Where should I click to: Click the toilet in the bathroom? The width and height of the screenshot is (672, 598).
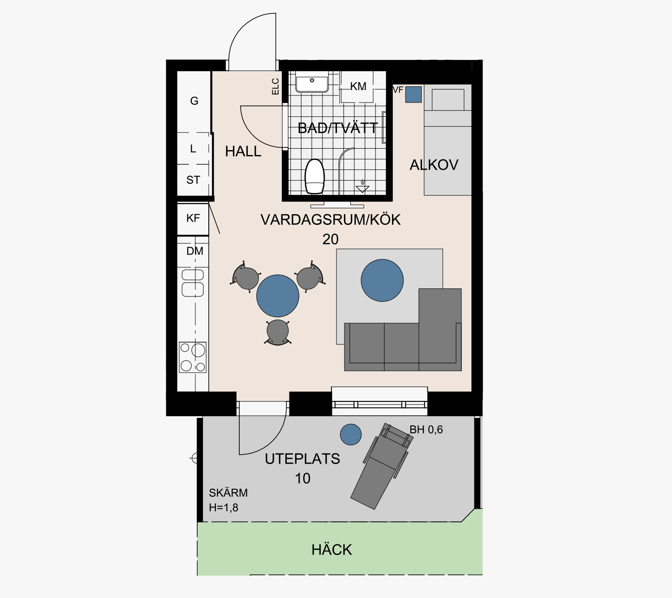[x=314, y=176]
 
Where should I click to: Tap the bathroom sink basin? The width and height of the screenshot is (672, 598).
[x=312, y=84]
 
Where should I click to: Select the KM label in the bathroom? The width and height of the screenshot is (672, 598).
[x=358, y=86]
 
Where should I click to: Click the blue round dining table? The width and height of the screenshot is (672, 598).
[x=278, y=296]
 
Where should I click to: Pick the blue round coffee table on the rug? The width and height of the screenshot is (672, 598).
[x=382, y=280]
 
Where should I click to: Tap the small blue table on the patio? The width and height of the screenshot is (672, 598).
[x=351, y=435]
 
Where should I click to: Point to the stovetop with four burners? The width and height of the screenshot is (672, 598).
[x=193, y=357]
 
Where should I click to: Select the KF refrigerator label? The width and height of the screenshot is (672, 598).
[x=193, y=218]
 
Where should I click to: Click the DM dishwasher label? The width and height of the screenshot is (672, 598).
[x=195, y=251]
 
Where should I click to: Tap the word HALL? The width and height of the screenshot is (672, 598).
[x=243, y=151]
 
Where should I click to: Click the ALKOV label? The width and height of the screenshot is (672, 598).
[x=434, y=165]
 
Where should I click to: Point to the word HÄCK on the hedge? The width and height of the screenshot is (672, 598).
[x=332, y=550]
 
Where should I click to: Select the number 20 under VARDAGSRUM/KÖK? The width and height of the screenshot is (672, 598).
[x=330, y=239]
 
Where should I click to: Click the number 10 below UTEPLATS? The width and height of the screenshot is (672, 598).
[x=302, y=478]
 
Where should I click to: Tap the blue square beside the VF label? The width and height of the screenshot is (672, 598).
[x=414, y=95]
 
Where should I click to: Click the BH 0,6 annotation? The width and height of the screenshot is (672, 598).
[x=426, y=430]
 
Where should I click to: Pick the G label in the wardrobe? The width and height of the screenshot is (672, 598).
[x=194, y=101]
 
